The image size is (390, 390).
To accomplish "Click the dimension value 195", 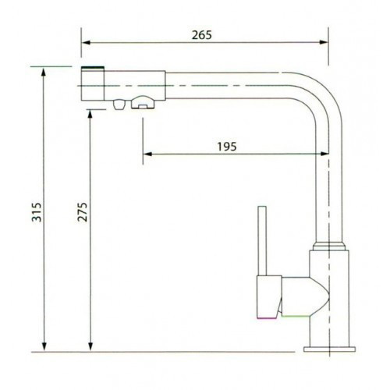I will point(227,146).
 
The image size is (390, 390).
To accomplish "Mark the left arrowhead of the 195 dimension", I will point(145,154).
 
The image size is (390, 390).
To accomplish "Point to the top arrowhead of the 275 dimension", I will point(92,113).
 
